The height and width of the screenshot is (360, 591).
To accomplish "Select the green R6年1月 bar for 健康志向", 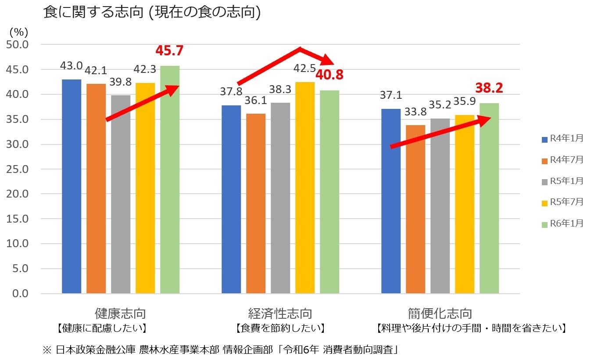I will click(170, 180).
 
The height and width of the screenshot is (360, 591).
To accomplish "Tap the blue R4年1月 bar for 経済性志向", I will click(231, 199).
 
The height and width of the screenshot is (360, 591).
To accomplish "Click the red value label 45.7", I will click(169, 51).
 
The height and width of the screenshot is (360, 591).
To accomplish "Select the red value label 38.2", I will click(489, 89).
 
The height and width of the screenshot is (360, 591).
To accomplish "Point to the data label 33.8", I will click(415, 112).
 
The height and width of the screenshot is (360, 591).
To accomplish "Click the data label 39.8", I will click(121, 82).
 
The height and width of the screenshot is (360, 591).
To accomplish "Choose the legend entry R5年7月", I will click(562, 202).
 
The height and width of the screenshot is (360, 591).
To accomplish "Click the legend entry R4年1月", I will click(562, 139).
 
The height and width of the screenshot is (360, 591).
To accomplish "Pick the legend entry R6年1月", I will click(562, 223).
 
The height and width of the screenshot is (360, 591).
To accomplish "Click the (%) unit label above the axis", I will click(18, 32).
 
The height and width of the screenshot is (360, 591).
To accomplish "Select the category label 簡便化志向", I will click(440, 313).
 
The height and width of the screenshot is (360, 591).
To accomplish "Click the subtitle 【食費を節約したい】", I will click(280, 328).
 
